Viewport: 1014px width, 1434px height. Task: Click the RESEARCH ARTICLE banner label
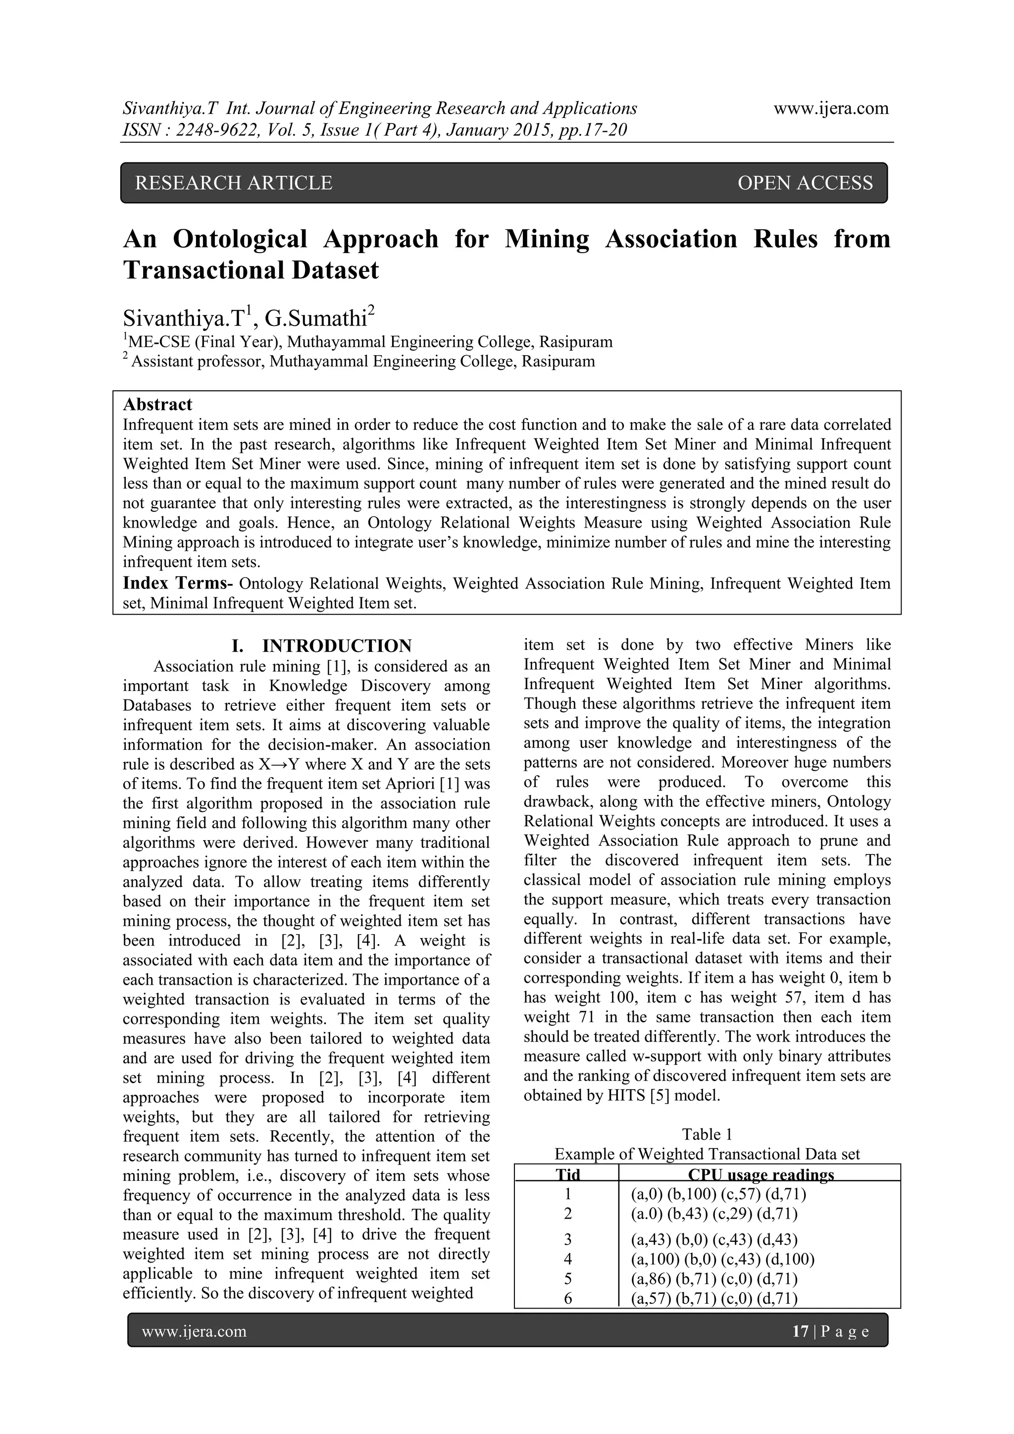click(234, 183)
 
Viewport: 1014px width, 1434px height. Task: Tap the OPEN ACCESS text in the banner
click(805, 183)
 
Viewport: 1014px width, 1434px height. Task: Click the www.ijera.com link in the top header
click(831, 108)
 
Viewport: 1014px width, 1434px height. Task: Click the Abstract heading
click(157, 405)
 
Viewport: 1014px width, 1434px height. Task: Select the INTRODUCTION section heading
click(337, 646)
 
